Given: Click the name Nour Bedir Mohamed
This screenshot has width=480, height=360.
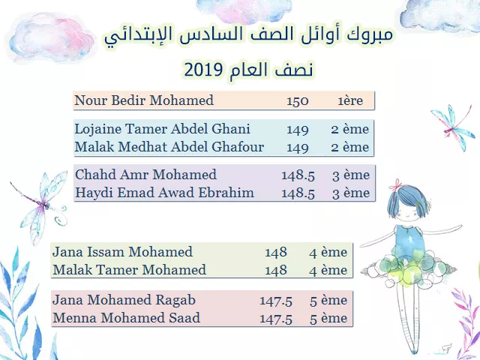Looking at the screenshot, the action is click(144, 100).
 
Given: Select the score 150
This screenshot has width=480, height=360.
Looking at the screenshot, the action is click(297, 101).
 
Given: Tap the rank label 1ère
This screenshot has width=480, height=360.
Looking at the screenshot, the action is click(350, 100).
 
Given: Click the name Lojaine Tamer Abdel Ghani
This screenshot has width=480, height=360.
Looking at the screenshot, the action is click(162, 129).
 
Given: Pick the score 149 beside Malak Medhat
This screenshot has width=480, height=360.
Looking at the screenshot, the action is click(297, 147).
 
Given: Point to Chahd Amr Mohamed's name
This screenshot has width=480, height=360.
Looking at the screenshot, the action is click(145, 175).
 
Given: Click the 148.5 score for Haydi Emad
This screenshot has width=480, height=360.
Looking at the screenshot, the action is click(298, 193).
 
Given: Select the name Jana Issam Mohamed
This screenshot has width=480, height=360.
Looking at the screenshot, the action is click(122, 252).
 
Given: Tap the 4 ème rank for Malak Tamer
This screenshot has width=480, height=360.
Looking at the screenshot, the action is click(328, 270).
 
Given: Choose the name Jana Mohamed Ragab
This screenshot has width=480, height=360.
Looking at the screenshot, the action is click(124, 300).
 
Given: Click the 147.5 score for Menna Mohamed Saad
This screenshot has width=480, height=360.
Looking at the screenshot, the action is click(276, 319).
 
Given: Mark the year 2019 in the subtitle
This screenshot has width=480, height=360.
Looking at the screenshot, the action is click(203, 70).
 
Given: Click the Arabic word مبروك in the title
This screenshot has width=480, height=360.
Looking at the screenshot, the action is click(370, 34).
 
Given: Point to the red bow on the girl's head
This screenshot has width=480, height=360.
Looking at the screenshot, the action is click(398, 184).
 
